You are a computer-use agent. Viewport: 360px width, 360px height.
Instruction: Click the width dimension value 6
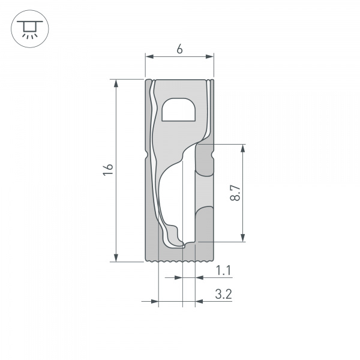coord(179,50)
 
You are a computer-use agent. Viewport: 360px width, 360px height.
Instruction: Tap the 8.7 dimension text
coord(235,193)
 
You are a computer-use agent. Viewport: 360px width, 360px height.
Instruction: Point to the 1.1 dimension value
coord(223,271)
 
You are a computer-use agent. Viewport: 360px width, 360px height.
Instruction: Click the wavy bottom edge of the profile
coord(179,262)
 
